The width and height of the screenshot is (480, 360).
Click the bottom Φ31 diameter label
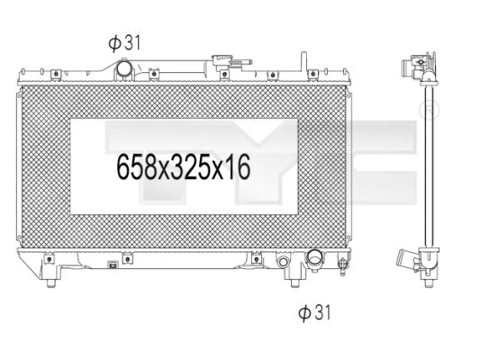pyautogui.click(x=312, y=312)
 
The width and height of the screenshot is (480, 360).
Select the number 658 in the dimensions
pyautogui.click(x=137, y=166)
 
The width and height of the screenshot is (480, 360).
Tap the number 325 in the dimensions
pyautogui.click(x=195, y=166)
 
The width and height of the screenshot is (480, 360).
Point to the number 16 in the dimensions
pyautogui.click(x=238, y=166)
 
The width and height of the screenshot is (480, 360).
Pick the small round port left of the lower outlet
pyautogui.click(x=285, y=263)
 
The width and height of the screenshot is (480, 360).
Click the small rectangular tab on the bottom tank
pyautogui.click(x=111, y=265)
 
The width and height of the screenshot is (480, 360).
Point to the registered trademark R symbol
pyautogui.click(x=430, y=111)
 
